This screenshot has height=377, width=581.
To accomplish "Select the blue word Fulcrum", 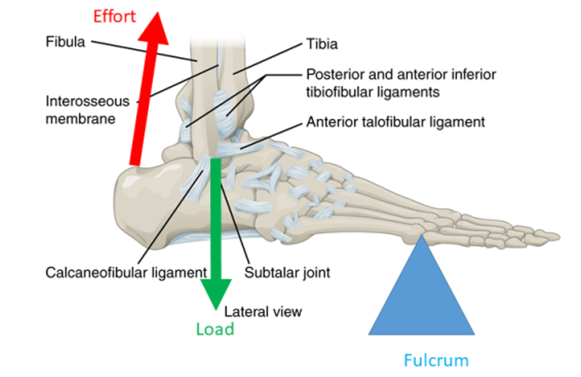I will point(436,360).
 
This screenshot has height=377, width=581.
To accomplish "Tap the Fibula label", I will point(65,41).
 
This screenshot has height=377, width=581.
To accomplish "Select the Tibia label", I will point(321,44).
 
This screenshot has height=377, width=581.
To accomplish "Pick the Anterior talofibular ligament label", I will point(395,122).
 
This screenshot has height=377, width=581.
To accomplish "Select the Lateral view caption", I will point(264,311).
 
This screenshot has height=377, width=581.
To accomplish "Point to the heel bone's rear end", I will point(118,197).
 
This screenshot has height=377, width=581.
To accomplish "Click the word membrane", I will point(81,119).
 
